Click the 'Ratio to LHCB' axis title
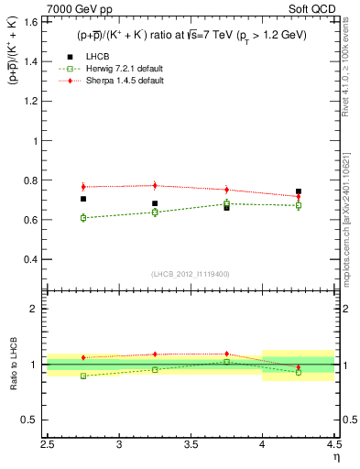(x=13, y=365)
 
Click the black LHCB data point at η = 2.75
(x=83, y=199)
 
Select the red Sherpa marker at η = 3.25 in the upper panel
(x=155, y=186)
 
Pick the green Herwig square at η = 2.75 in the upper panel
(x=83, y=218)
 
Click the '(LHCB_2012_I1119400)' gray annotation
(x=191, y=274)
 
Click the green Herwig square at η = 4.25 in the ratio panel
(x=299, y=372)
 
